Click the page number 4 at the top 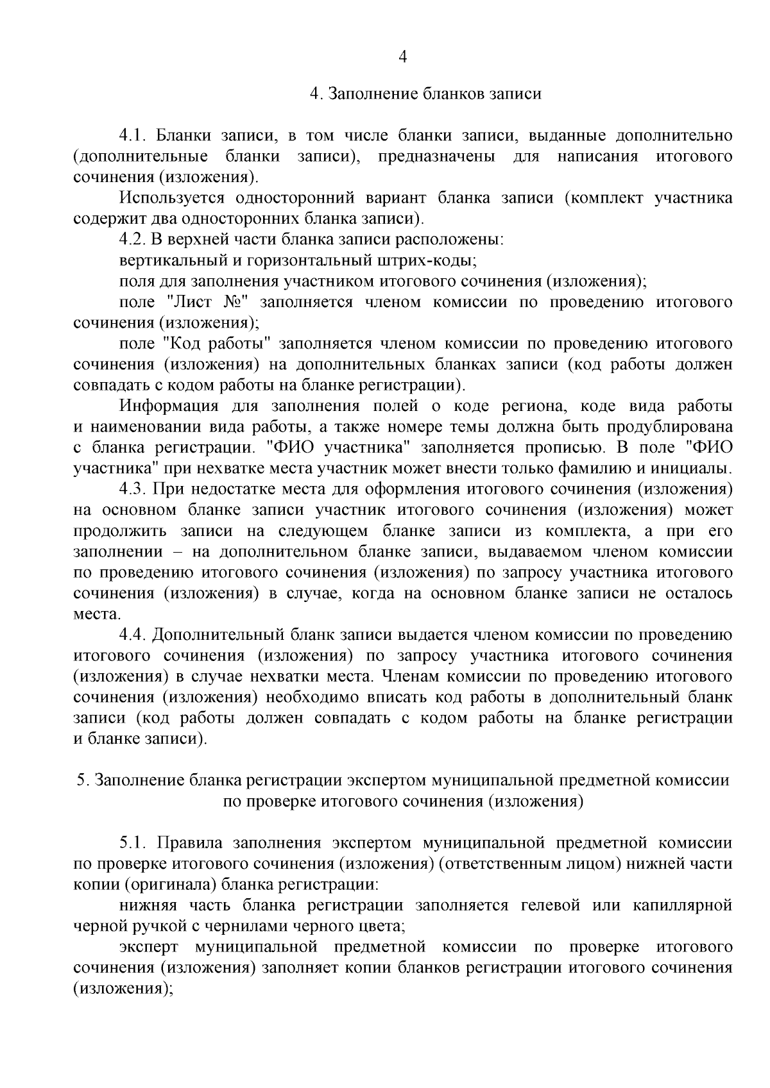(x=403, y=58)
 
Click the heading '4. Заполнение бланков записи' (x=425, y=94)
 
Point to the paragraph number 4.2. (x=133, y=240)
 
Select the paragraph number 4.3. (x=133, y=489)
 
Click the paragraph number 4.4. (x=133, y=635)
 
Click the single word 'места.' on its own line (x=96, y=615)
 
